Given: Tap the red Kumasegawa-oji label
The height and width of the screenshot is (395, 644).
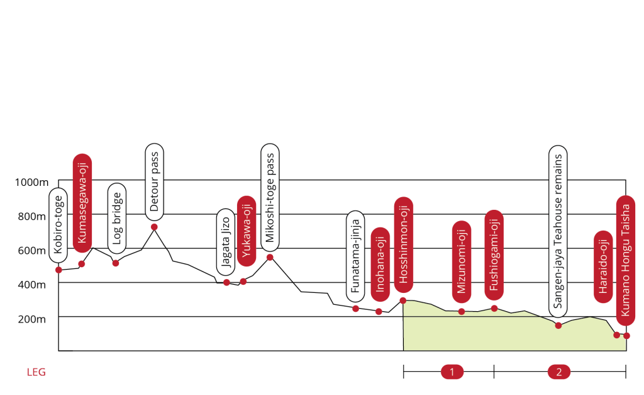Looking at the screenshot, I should pyautogui.click(x=82, y=202).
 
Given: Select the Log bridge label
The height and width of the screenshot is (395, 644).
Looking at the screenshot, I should pyautogui.click(x=116, y=219).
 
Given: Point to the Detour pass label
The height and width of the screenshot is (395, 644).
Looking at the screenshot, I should pyautogui.click(x=154, y=182).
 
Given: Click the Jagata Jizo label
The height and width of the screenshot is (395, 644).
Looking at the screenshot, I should pyautogui.click(x=226, y=242).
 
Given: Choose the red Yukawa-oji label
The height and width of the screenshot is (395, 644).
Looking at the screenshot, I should pyautogui.click(x=246, y=231).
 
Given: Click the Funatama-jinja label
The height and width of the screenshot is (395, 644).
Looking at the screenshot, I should pyautogui.click(x=355, y=256).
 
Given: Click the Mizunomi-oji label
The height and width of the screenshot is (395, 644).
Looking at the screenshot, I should pyautogui.click(x=462, y=261).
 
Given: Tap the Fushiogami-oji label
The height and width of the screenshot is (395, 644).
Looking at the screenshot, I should pyautogui.click(x=494, y=255).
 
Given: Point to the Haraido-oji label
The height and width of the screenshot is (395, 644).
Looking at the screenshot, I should pyautogui.click(x=603, y=267).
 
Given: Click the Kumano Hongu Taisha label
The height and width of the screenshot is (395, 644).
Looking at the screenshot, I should pyautogui.click(x=625, y=261).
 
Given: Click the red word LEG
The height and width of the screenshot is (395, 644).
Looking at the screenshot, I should pyautogui.click(x=36, y=372).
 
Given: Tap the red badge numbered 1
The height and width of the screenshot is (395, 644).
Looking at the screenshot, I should pyautogui.click(x=452, y=372).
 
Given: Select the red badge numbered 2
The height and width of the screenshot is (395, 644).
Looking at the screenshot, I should pyautogui.click(x=558, y=372).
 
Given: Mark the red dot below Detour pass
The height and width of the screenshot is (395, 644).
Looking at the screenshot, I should pyautogui.click(x=154, y=227).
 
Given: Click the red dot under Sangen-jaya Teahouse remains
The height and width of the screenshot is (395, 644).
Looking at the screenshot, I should pyautogui.click(x=558, y=325).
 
